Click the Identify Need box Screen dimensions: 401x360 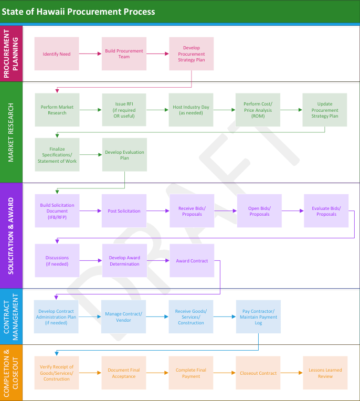57,54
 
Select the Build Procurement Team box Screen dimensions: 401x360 124,54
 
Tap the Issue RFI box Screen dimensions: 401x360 124,110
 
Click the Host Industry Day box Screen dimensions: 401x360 191,110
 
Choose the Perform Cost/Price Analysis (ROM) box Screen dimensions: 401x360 258,110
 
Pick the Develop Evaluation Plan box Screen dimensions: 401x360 124,155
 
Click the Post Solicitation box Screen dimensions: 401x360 124,211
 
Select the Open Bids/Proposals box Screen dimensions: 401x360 259,211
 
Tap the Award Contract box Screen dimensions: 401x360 192,261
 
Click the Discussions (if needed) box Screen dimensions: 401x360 57,261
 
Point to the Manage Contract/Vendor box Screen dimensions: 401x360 124,316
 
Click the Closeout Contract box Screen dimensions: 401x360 258,373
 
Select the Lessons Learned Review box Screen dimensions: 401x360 325,373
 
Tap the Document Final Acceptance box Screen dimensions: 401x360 124,373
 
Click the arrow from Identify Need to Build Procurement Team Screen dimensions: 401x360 90,54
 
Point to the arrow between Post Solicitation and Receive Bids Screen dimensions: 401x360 158,211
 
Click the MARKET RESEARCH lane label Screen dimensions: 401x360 11,132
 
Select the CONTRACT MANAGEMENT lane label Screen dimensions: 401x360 11,316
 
